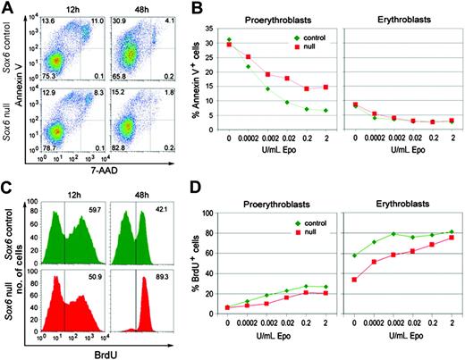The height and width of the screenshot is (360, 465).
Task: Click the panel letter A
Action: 6,7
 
